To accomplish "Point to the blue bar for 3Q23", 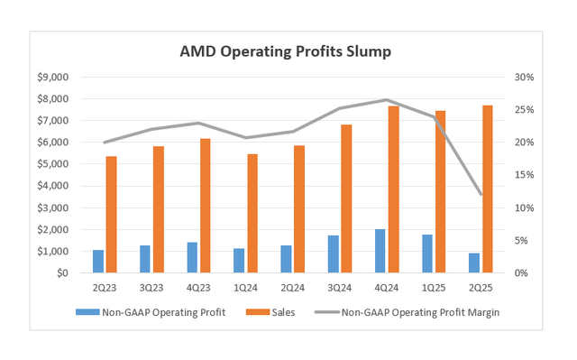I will point(145,259).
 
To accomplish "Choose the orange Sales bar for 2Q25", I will point(487,189).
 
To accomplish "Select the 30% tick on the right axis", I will point(524,78).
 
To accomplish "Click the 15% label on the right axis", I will point(524,175).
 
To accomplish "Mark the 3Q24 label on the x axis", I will point(339,288).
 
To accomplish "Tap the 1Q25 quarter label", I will point(433,288).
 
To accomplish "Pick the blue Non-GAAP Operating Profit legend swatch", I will point(87,311).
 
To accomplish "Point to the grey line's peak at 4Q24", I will point(386,100).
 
